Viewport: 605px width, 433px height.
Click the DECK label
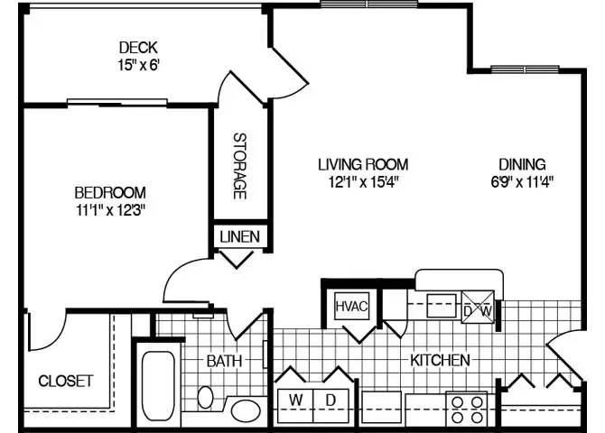138,47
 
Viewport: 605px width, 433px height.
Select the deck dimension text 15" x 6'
138,65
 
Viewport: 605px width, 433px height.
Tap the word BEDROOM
109,192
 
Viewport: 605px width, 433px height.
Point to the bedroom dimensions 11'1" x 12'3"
109,210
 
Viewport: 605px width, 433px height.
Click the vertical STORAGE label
240,167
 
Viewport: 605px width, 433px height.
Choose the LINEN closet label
239,237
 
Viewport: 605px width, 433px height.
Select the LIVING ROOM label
363,164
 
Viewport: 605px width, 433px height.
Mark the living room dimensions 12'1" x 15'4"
363,181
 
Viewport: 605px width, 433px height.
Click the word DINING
522,164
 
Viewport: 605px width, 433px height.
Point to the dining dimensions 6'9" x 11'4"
522,181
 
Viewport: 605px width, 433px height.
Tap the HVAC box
351,306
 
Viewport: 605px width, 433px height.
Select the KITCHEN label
441,360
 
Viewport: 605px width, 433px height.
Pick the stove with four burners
466,409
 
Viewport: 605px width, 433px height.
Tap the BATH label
224,361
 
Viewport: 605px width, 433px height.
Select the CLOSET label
65,381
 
